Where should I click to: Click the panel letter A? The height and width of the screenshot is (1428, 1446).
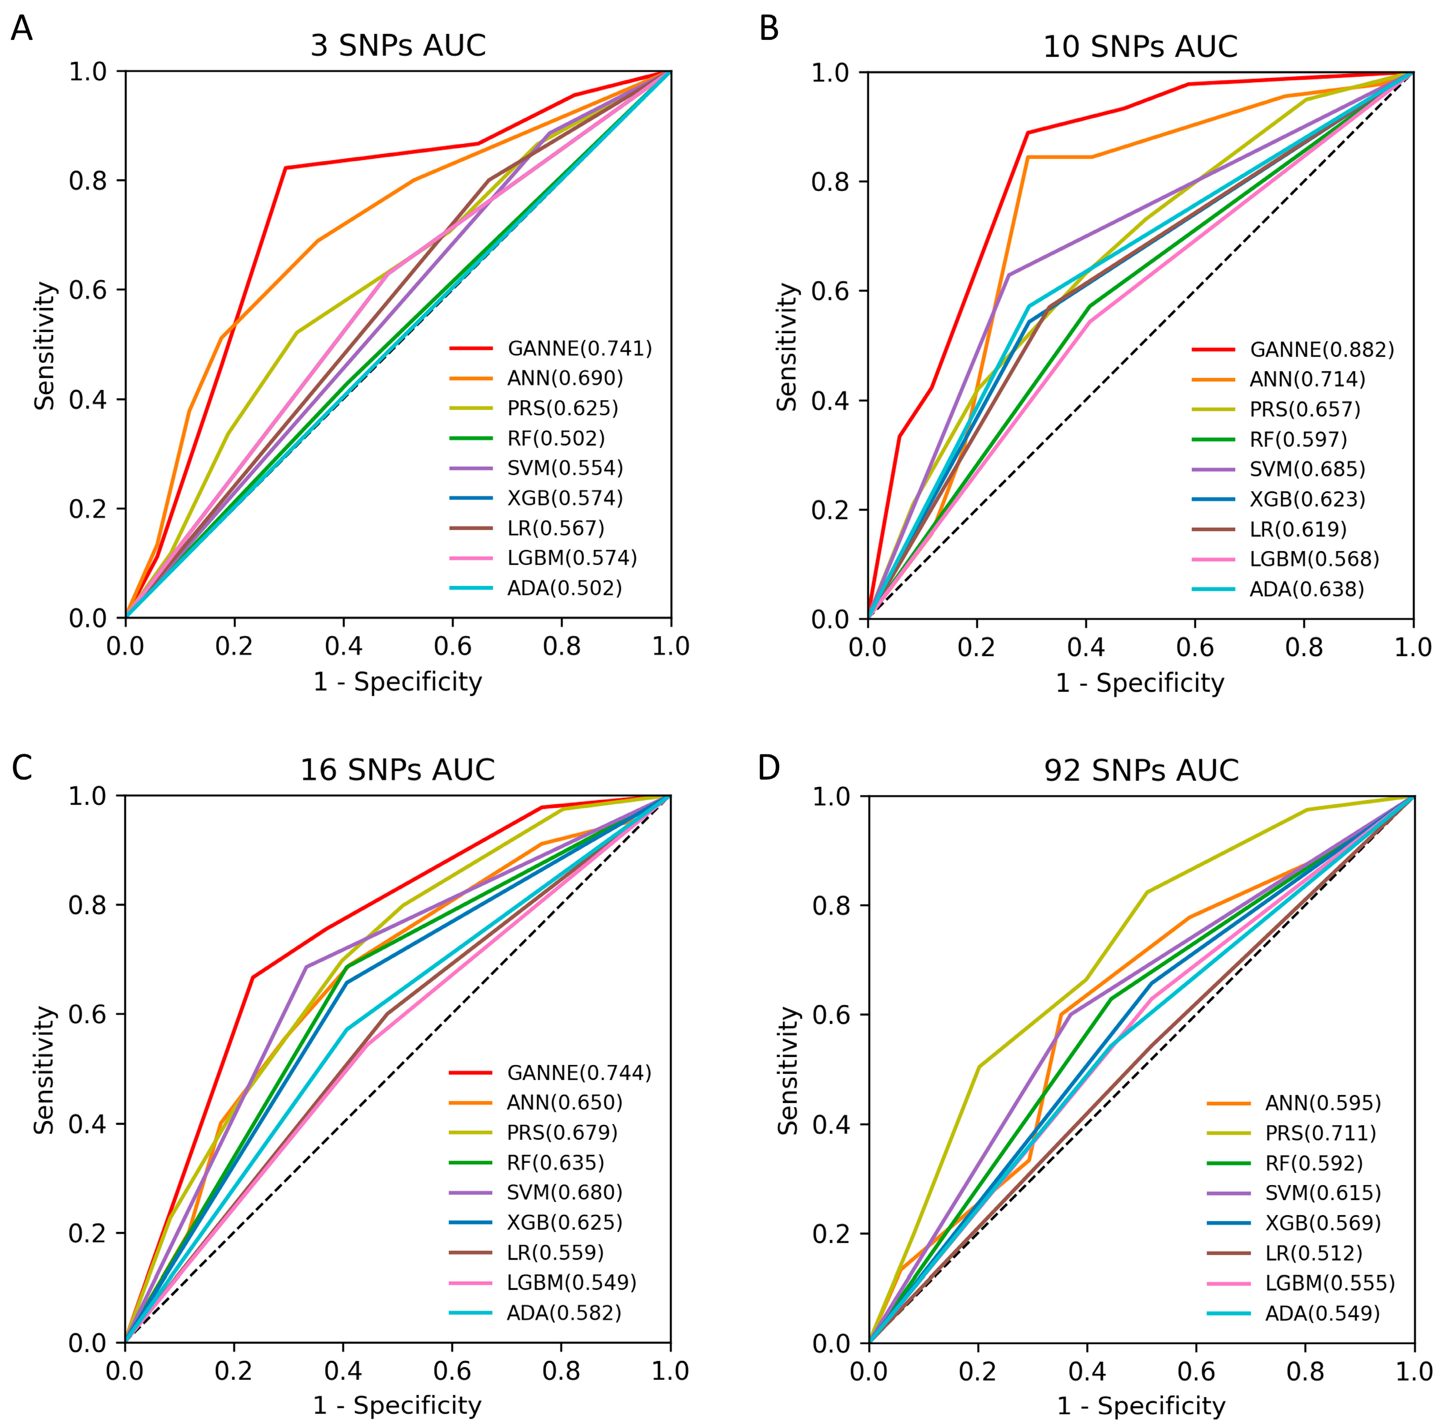22,30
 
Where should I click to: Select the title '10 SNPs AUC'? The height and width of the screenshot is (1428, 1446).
1140,46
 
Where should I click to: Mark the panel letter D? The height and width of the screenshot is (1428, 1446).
769,768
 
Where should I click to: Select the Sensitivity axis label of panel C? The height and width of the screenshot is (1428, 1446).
45,1070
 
